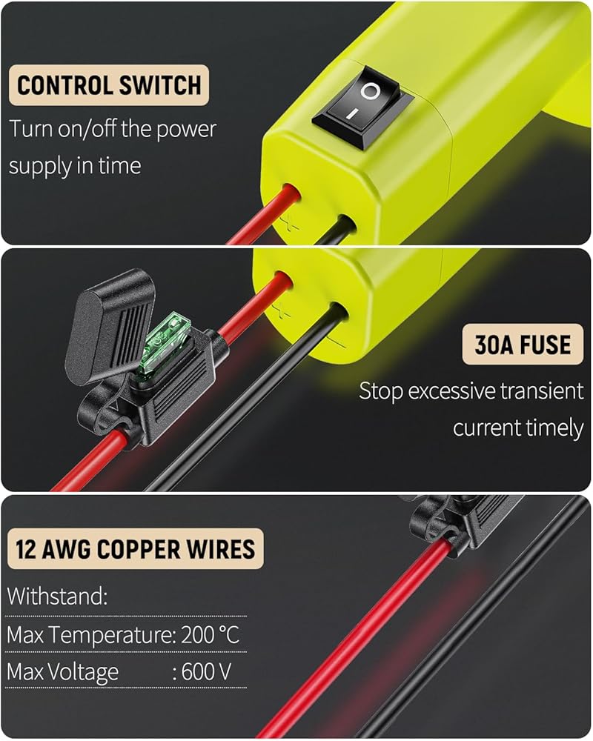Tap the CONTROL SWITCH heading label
[x=109, y=85]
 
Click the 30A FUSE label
[x=523, y=345]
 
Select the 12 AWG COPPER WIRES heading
[x=135, y=549]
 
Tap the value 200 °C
[x=211, y=635]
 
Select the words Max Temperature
[x=90, y=635]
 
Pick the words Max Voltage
[x=62, y=672]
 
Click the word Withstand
[x=57, y=597]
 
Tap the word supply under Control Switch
[x=38, y=165]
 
